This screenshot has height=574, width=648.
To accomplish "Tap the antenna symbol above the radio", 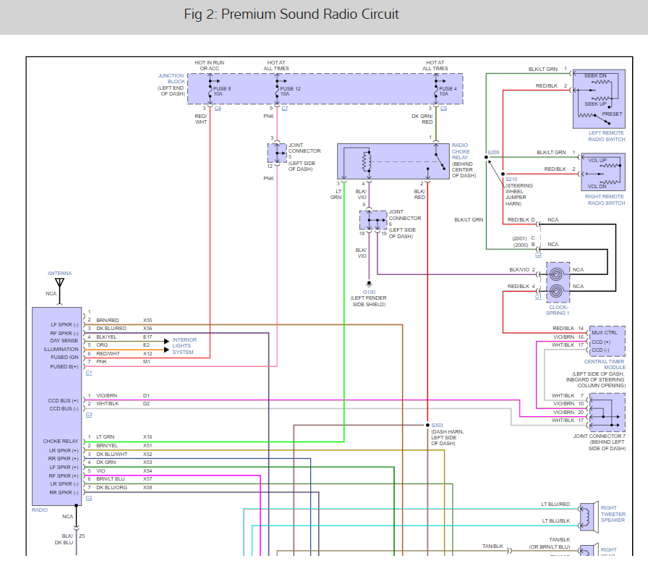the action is point(59,283).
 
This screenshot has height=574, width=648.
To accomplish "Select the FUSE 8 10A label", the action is point(222,91).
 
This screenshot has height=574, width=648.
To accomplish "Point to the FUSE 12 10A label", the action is point(290,91).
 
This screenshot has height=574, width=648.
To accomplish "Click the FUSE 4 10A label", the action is point(448,91).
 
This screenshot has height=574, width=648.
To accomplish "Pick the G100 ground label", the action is point(369,292).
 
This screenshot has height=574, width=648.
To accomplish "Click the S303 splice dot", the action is point(427,425).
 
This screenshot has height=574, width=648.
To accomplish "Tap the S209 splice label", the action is point(493,152).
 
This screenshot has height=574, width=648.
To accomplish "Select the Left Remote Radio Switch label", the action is point(606,136).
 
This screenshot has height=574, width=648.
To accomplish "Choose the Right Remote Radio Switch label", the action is point(605,200).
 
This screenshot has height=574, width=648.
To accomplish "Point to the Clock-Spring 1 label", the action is point(558,310).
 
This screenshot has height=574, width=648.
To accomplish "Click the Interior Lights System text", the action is point(184,346).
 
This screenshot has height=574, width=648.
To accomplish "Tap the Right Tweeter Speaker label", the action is point(613,514).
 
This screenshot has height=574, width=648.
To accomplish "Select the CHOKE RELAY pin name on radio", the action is point(60,442).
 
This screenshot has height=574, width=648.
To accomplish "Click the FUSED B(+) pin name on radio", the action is point(64,366).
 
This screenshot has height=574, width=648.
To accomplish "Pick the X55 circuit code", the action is point(148,321).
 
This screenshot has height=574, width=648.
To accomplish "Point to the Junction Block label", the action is point(171,79).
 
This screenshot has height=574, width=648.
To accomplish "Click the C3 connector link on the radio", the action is point(89,414).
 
